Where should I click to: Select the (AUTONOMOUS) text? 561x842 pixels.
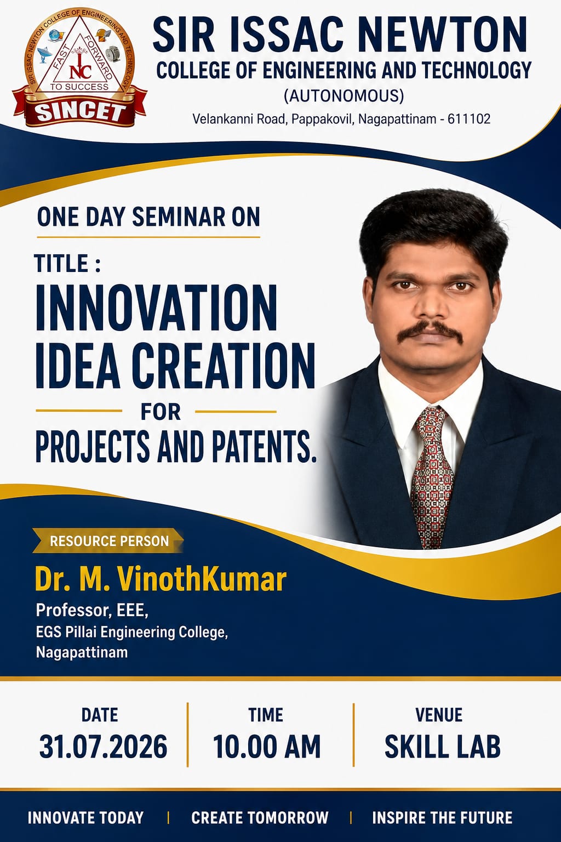coord(344,95)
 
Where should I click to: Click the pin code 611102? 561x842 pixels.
coord(469,119)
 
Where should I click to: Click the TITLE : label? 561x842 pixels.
coord(67,263)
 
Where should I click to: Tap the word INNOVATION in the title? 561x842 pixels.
coord(156,308)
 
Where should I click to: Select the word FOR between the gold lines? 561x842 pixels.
coord(161,412)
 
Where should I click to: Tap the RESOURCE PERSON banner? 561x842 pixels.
coord(108,541)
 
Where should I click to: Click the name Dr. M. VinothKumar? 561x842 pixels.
coord(161,579)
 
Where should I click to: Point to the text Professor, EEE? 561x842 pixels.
coord(92,610)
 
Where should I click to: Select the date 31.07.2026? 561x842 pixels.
coord(104,746)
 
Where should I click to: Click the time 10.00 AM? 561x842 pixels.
coord(267,746)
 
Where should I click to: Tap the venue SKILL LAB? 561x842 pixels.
coord(443,746)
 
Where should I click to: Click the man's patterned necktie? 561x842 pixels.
coord(433,477)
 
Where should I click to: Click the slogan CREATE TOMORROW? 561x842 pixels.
coord(260,818)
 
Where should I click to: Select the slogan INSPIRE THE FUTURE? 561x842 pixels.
coord(442,818)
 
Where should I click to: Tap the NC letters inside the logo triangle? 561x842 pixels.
coord(80,71)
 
